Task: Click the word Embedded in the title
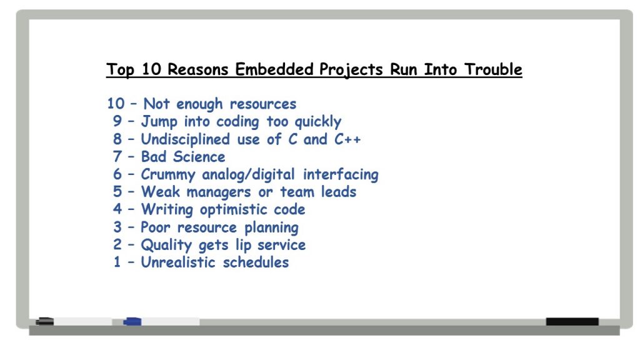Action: point(274,69)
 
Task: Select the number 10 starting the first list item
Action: point(116,104)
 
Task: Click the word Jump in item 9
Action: point(159,122)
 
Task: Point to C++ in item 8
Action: point(347,139)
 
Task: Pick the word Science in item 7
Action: point(199,157)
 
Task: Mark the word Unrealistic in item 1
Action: point(178,262)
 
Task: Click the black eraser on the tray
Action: point(572,322)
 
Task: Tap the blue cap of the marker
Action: point(132,322)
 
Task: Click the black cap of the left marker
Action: point(45,322)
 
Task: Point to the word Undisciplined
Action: point(185,139)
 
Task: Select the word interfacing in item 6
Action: point(341,175)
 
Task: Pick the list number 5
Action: point(117,192)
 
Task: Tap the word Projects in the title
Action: point(351,70)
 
